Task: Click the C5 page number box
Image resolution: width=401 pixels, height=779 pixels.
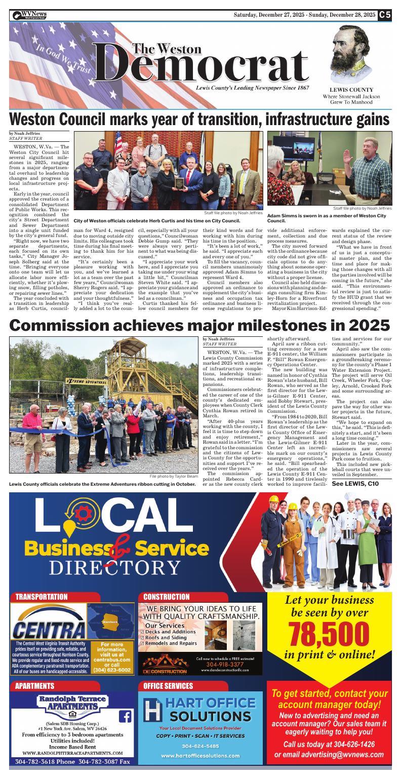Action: [x=385, y=15]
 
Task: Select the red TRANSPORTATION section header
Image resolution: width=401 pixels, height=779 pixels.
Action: [x=42, y=597]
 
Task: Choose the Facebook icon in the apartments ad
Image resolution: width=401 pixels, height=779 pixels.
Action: [x=125, y=717]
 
